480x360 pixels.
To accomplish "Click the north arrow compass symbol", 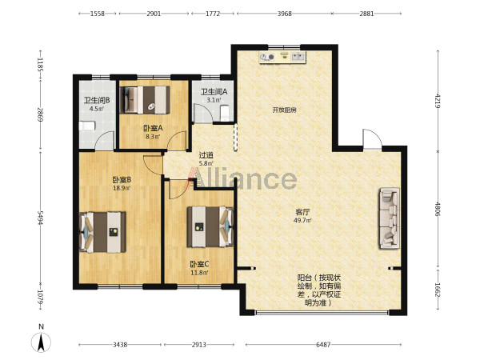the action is pos(41,342).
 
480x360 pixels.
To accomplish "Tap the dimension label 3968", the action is pos(284,14).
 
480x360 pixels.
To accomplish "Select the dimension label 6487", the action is pos(323,345).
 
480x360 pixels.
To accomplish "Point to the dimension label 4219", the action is pos(438,101).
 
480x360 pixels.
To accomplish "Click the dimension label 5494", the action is pos(41,218).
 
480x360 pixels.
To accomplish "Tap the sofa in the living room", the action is pos(390,218).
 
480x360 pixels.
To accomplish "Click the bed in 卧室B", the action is pos(102,232).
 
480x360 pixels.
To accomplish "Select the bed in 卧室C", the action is pos(210,226).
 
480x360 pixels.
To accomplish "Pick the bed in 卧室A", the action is pos(145,100).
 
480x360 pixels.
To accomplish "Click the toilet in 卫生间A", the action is pos(225,113).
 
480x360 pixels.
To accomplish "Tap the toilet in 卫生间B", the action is pos(87,126).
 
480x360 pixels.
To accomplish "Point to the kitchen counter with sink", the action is pos(282,58).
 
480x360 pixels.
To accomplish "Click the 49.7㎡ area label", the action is pos(302,220).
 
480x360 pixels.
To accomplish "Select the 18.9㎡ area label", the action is pos(122,188).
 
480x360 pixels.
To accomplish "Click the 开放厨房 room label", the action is pos(284,110).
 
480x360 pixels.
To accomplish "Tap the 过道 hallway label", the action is pos(206,155).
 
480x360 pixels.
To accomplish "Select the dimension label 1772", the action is pos(213,14).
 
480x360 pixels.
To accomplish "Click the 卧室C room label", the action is pos(199,264).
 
